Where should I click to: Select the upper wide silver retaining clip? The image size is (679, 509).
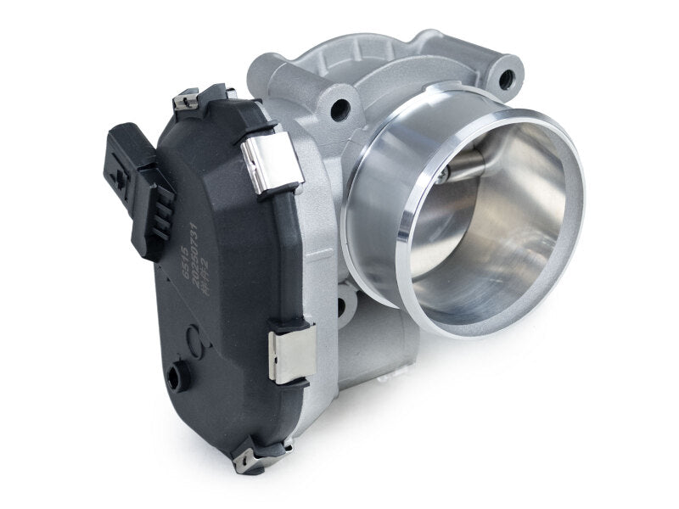coord(272,160)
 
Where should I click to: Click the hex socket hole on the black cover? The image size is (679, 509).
coord(177,373)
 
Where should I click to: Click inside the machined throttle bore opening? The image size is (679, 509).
coord(484,221)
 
